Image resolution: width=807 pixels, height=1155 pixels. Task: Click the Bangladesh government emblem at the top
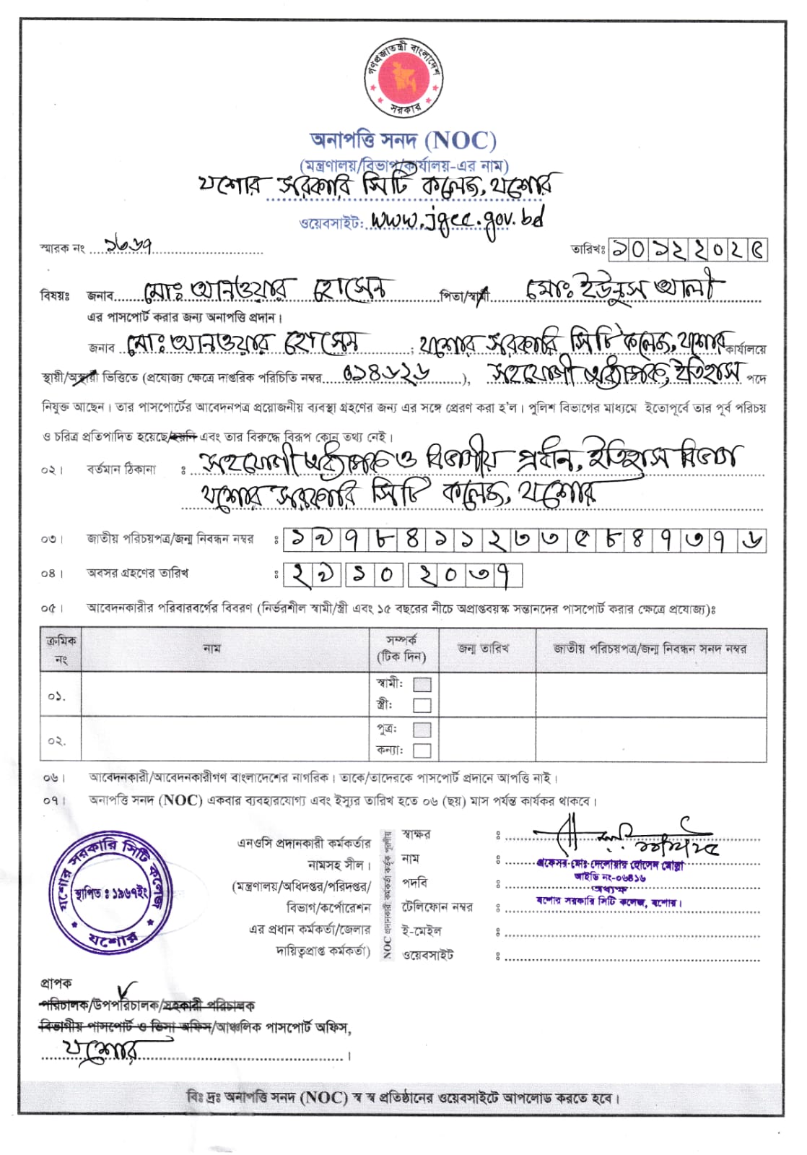click(403, 77)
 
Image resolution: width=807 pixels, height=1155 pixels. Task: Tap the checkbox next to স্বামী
click(422, 684)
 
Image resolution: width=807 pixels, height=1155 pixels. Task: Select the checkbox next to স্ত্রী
click(422, 705)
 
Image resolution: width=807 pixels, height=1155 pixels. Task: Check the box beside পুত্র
click(422, 729)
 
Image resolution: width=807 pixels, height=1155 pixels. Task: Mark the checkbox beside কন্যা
click(422, 750)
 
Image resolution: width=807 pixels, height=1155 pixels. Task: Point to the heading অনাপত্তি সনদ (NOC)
click(403, 139)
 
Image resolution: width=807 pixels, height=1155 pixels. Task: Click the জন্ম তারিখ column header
click(484, 649)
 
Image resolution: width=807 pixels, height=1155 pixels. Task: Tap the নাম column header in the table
click(211, 649)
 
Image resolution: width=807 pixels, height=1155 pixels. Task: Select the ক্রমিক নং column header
click(61, 649)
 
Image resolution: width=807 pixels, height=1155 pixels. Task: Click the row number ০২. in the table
click(57, 740)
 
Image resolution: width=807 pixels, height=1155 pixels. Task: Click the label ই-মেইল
click(422, 931)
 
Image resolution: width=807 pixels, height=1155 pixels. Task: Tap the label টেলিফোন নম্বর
click(437, 907)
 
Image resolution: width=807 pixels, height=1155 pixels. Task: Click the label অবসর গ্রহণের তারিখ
click(138, 574)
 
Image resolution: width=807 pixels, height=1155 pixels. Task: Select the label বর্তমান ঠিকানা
click(121, 470)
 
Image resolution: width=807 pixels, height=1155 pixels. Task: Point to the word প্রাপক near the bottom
click(56, 983)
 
